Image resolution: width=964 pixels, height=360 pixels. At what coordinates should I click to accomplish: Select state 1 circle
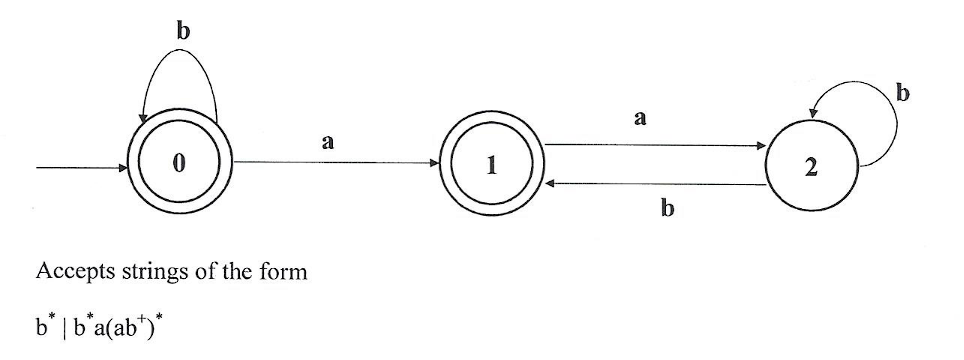(490, 167)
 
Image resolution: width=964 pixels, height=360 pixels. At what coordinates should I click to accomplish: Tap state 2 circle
(810, 169)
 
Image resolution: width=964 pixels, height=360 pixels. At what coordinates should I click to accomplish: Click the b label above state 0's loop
(182, 31)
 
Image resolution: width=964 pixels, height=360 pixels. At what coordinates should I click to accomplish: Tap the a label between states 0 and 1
(327, 143)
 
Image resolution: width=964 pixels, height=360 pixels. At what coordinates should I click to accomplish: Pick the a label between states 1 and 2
(640, 118)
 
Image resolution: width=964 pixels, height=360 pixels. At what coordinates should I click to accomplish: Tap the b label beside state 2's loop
(904, 95)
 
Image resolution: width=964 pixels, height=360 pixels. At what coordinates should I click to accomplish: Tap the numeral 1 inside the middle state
(490, 167)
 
